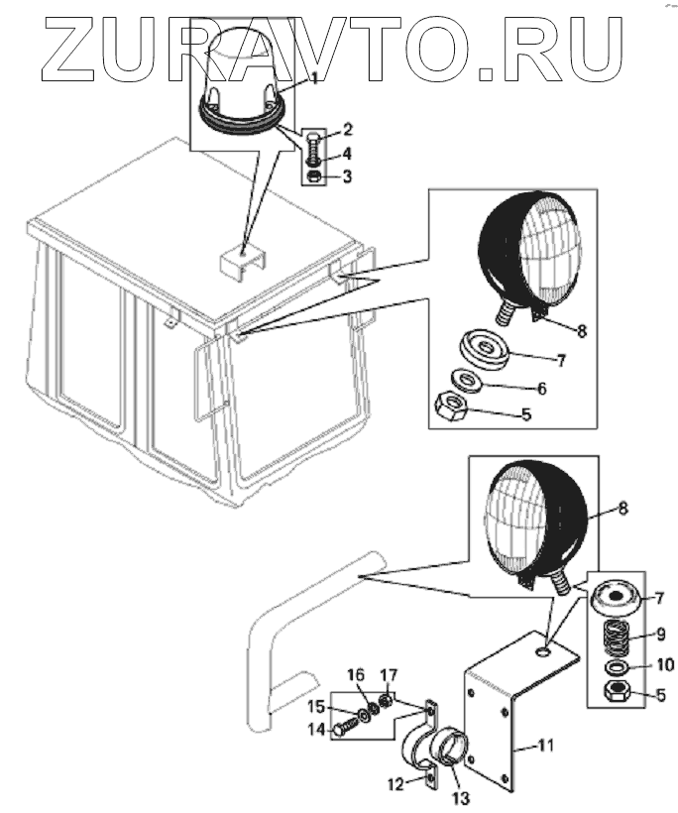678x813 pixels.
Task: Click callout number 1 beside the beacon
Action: (x=315, y=76)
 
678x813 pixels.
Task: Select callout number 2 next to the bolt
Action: (x=348, y=129)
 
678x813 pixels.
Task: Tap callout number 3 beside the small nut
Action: (x=348, y=177)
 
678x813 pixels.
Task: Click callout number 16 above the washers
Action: (x=354, y=676)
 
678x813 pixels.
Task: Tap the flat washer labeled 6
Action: (x=464, y=380)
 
